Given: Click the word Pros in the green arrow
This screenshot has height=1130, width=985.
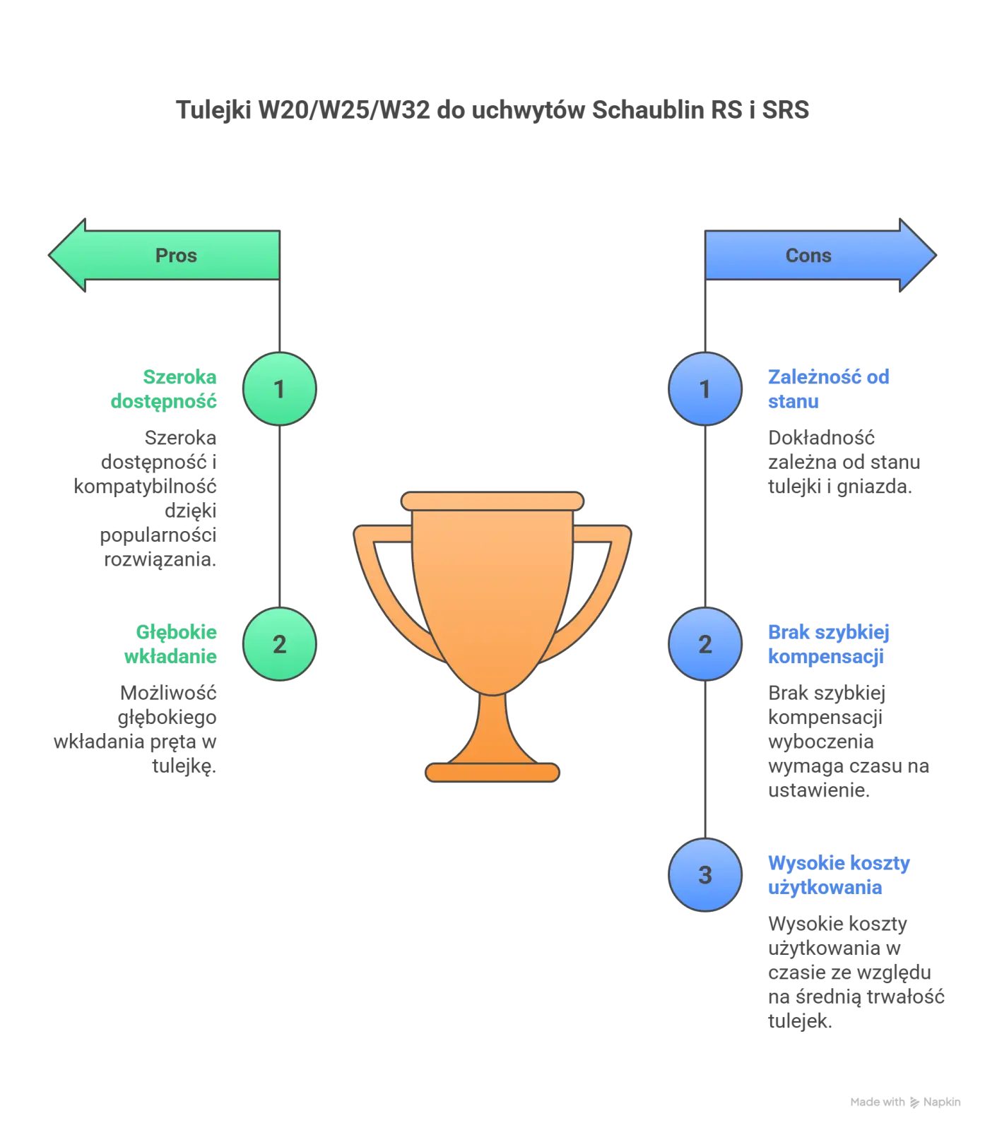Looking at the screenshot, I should tap(176, 255).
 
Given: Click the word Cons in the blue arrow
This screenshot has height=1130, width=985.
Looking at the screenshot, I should tap(808, 255).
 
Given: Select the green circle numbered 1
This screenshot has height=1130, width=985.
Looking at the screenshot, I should tap(280, 388).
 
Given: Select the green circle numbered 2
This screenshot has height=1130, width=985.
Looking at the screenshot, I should tap(280, 643).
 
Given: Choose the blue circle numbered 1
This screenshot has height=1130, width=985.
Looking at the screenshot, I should tap(704, 388).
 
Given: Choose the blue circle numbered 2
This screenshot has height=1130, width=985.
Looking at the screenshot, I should tap(704, 643).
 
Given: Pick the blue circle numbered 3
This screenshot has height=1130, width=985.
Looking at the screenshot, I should tap(704, 875).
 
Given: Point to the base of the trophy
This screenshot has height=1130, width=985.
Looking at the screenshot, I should tap(492, 772).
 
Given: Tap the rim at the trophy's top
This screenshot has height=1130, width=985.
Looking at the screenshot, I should tap(492, 501).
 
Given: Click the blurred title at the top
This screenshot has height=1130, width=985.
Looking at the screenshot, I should tap(494, 108).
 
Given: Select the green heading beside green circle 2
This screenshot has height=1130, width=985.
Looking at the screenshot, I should tap(173, 643).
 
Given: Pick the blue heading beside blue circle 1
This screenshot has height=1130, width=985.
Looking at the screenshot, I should tap(827, 388).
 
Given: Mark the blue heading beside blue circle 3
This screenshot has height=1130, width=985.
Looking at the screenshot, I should tap(837, 875).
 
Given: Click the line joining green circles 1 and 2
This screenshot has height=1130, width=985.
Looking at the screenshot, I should tap(280, 516).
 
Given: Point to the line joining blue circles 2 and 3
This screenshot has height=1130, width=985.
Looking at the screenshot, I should tap(704, 759).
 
